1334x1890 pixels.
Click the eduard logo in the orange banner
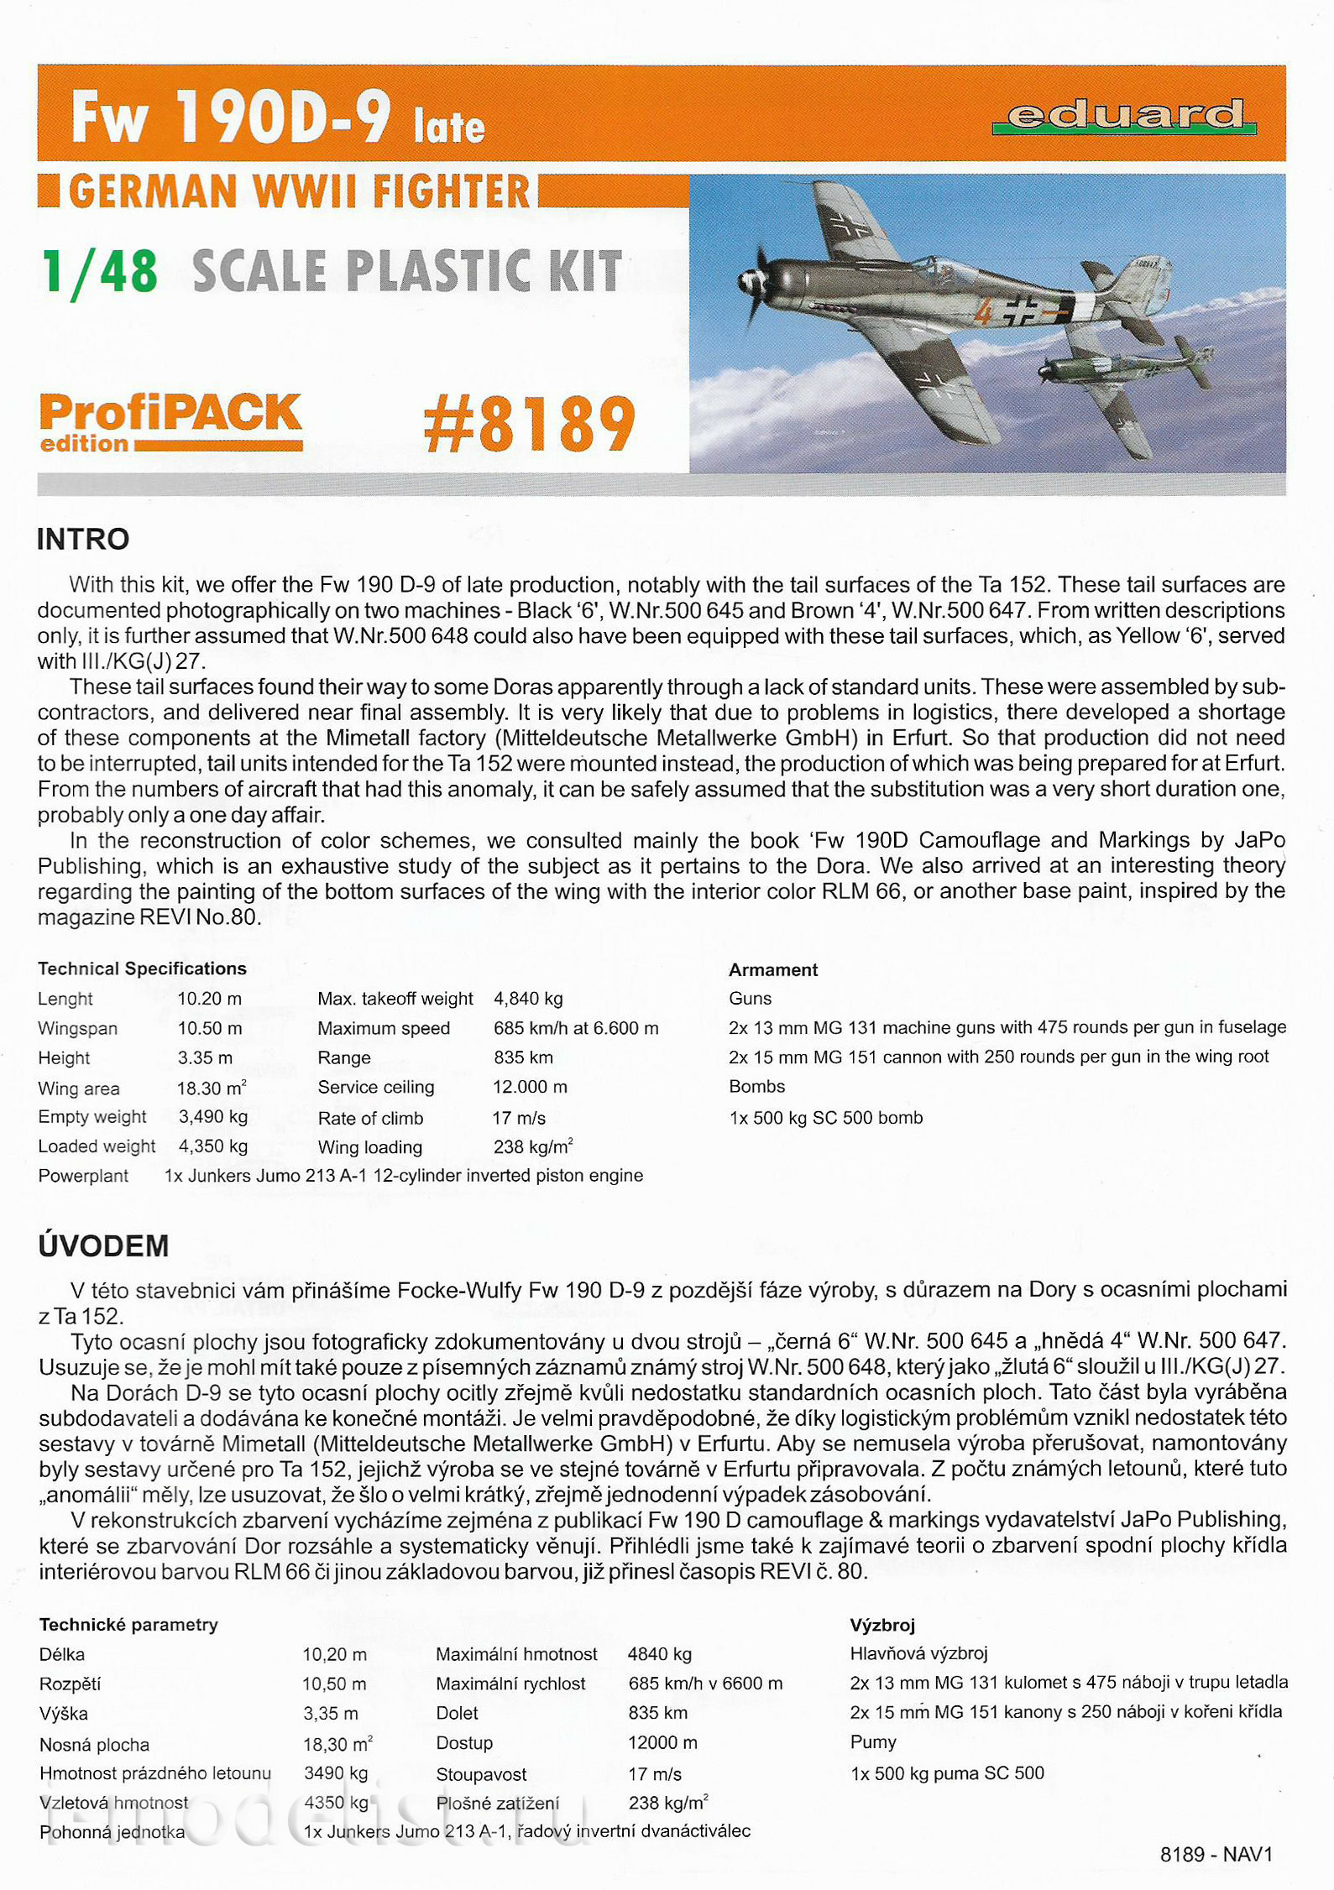click(1124, 116)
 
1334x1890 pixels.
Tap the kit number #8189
click(530, 424)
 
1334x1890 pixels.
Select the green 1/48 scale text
click(100, 273)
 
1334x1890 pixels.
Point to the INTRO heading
click(83, 540)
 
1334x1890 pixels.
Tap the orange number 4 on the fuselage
click(983, 312)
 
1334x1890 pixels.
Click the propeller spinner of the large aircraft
click(747, 284)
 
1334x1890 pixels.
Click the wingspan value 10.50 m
click(210, 1029)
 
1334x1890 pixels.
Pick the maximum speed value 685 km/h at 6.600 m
click(576, 1029)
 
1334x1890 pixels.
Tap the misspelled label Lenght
click(65, 1000)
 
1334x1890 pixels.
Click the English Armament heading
click(773, 970)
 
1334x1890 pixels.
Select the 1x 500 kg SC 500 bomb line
click(826, 1118)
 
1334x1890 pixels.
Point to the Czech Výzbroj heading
click(882, 1626)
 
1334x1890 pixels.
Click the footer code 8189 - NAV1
click(1216, 1854)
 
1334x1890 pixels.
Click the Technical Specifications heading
click(142, 969)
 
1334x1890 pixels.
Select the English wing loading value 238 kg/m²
click(533, 1147)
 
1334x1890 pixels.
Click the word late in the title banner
click(449, 127)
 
